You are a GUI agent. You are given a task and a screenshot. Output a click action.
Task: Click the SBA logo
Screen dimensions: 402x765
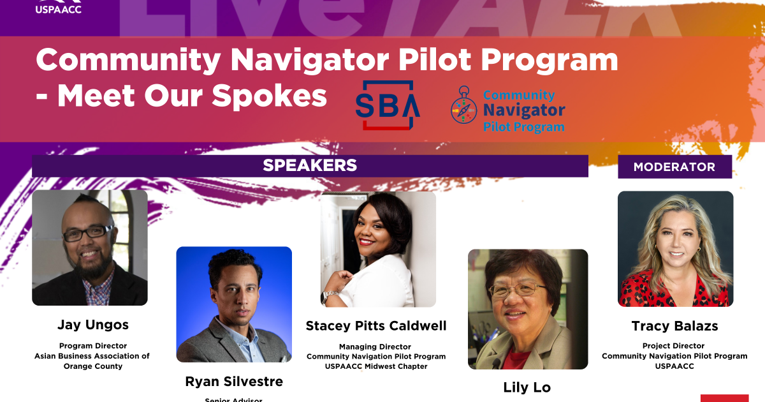point(388,105)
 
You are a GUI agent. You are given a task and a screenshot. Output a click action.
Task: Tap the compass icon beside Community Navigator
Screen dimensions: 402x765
point(464,105)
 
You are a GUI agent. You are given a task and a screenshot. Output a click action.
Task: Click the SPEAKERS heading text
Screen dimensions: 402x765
point(310,166)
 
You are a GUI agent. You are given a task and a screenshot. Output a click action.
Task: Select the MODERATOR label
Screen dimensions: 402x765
point(674,167)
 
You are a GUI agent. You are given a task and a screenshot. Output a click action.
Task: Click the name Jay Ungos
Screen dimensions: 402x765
point(93,325)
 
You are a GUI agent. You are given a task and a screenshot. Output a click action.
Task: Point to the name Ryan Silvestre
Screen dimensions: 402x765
point(234,382)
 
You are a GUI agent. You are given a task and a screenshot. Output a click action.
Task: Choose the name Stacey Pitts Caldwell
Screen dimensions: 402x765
point(376,326)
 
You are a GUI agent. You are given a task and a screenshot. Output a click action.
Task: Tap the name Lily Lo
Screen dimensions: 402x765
point(527,387)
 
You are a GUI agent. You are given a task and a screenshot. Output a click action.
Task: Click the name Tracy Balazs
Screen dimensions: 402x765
point(674,326)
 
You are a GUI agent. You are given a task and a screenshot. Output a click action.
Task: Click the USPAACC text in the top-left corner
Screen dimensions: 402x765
point(58,9)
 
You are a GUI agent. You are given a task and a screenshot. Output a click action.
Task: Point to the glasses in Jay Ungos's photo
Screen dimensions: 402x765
point(89,234)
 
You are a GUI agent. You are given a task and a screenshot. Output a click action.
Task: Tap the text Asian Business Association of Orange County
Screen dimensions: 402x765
point(92,361)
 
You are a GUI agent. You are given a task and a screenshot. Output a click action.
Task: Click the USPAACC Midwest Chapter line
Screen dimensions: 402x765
point(376,366)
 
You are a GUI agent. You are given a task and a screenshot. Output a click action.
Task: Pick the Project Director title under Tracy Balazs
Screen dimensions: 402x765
point(674,346)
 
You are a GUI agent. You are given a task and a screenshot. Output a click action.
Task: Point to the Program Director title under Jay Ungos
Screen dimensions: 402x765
point(93,346)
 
